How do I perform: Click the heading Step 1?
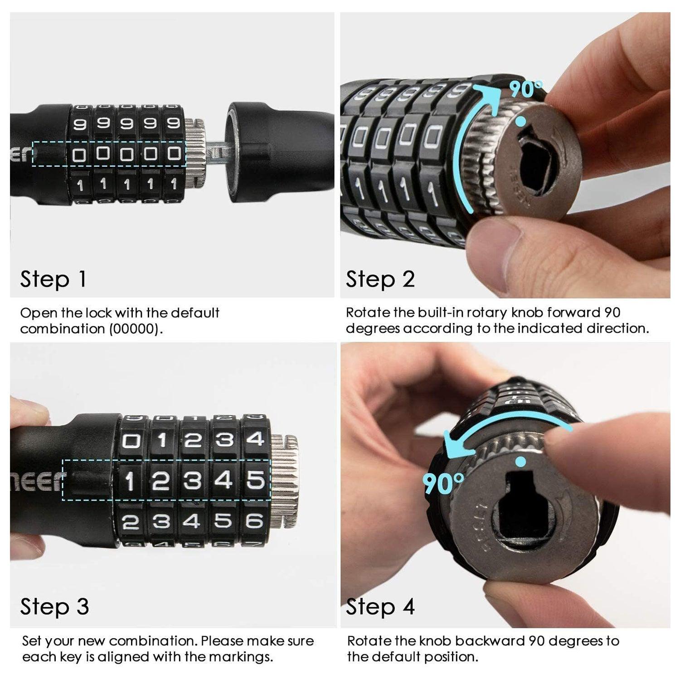tap(53, 279)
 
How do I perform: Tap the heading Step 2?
tap(380, 279)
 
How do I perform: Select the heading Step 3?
tap(54, 607)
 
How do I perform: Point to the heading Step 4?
tap(380, 607)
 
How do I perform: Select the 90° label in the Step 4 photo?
tap(443, 483)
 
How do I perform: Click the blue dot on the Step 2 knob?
tap(521, 121)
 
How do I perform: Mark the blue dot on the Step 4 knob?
tap(521, 461)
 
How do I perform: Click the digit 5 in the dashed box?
tap(255, 480)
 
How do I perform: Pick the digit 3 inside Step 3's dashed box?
tap(192, 481)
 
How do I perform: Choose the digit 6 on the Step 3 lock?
tap(255, 521)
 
